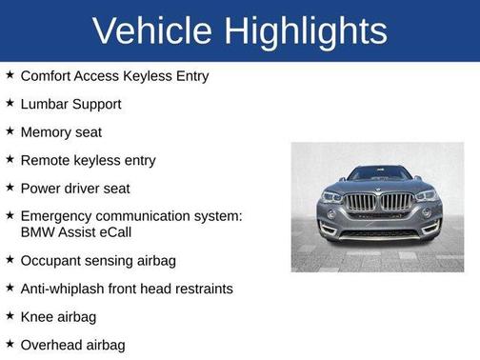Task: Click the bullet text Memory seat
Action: click(61, 131)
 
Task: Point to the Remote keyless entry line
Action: click(88, 160)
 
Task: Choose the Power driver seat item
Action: click(75, 189)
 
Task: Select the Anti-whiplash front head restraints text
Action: click(126, 288)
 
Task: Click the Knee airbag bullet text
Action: click(59, 315)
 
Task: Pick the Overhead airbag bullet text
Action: click(72, 344)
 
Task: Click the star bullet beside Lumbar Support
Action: click(10, 102)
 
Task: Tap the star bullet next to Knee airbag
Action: click(10, 314)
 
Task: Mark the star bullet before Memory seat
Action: click(10, 130)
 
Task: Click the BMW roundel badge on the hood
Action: click(378, 190)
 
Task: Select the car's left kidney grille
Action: click(361, 203)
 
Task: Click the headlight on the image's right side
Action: click(425, 197)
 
